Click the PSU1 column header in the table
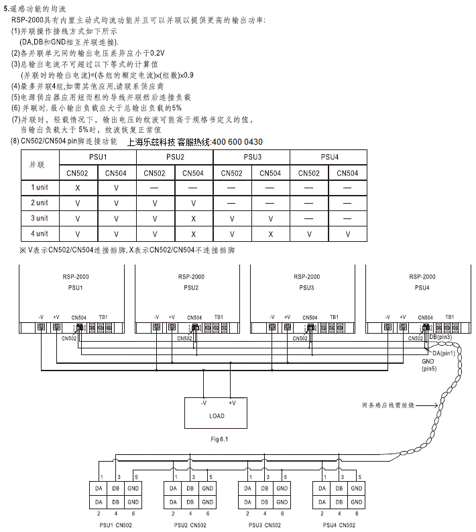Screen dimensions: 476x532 click(97, 157)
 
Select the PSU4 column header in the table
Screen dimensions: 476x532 click(329, 157)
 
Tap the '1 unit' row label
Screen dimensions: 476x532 click(40, 187)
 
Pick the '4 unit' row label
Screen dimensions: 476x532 click(40, 234)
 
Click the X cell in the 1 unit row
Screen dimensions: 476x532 click(78, 187)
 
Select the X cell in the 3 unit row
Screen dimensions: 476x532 click(193, 218)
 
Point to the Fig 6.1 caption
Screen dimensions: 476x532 click(219, 440)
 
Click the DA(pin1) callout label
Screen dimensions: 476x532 click(444, 352)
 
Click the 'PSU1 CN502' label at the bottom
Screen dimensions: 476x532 click(115, 525)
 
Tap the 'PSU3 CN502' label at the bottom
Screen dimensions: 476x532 click(264, 525)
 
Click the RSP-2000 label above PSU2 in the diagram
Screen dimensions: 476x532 click(192, 277)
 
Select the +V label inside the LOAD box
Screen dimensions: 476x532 click(232, 403)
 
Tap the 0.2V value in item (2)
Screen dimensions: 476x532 click(156, 52)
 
